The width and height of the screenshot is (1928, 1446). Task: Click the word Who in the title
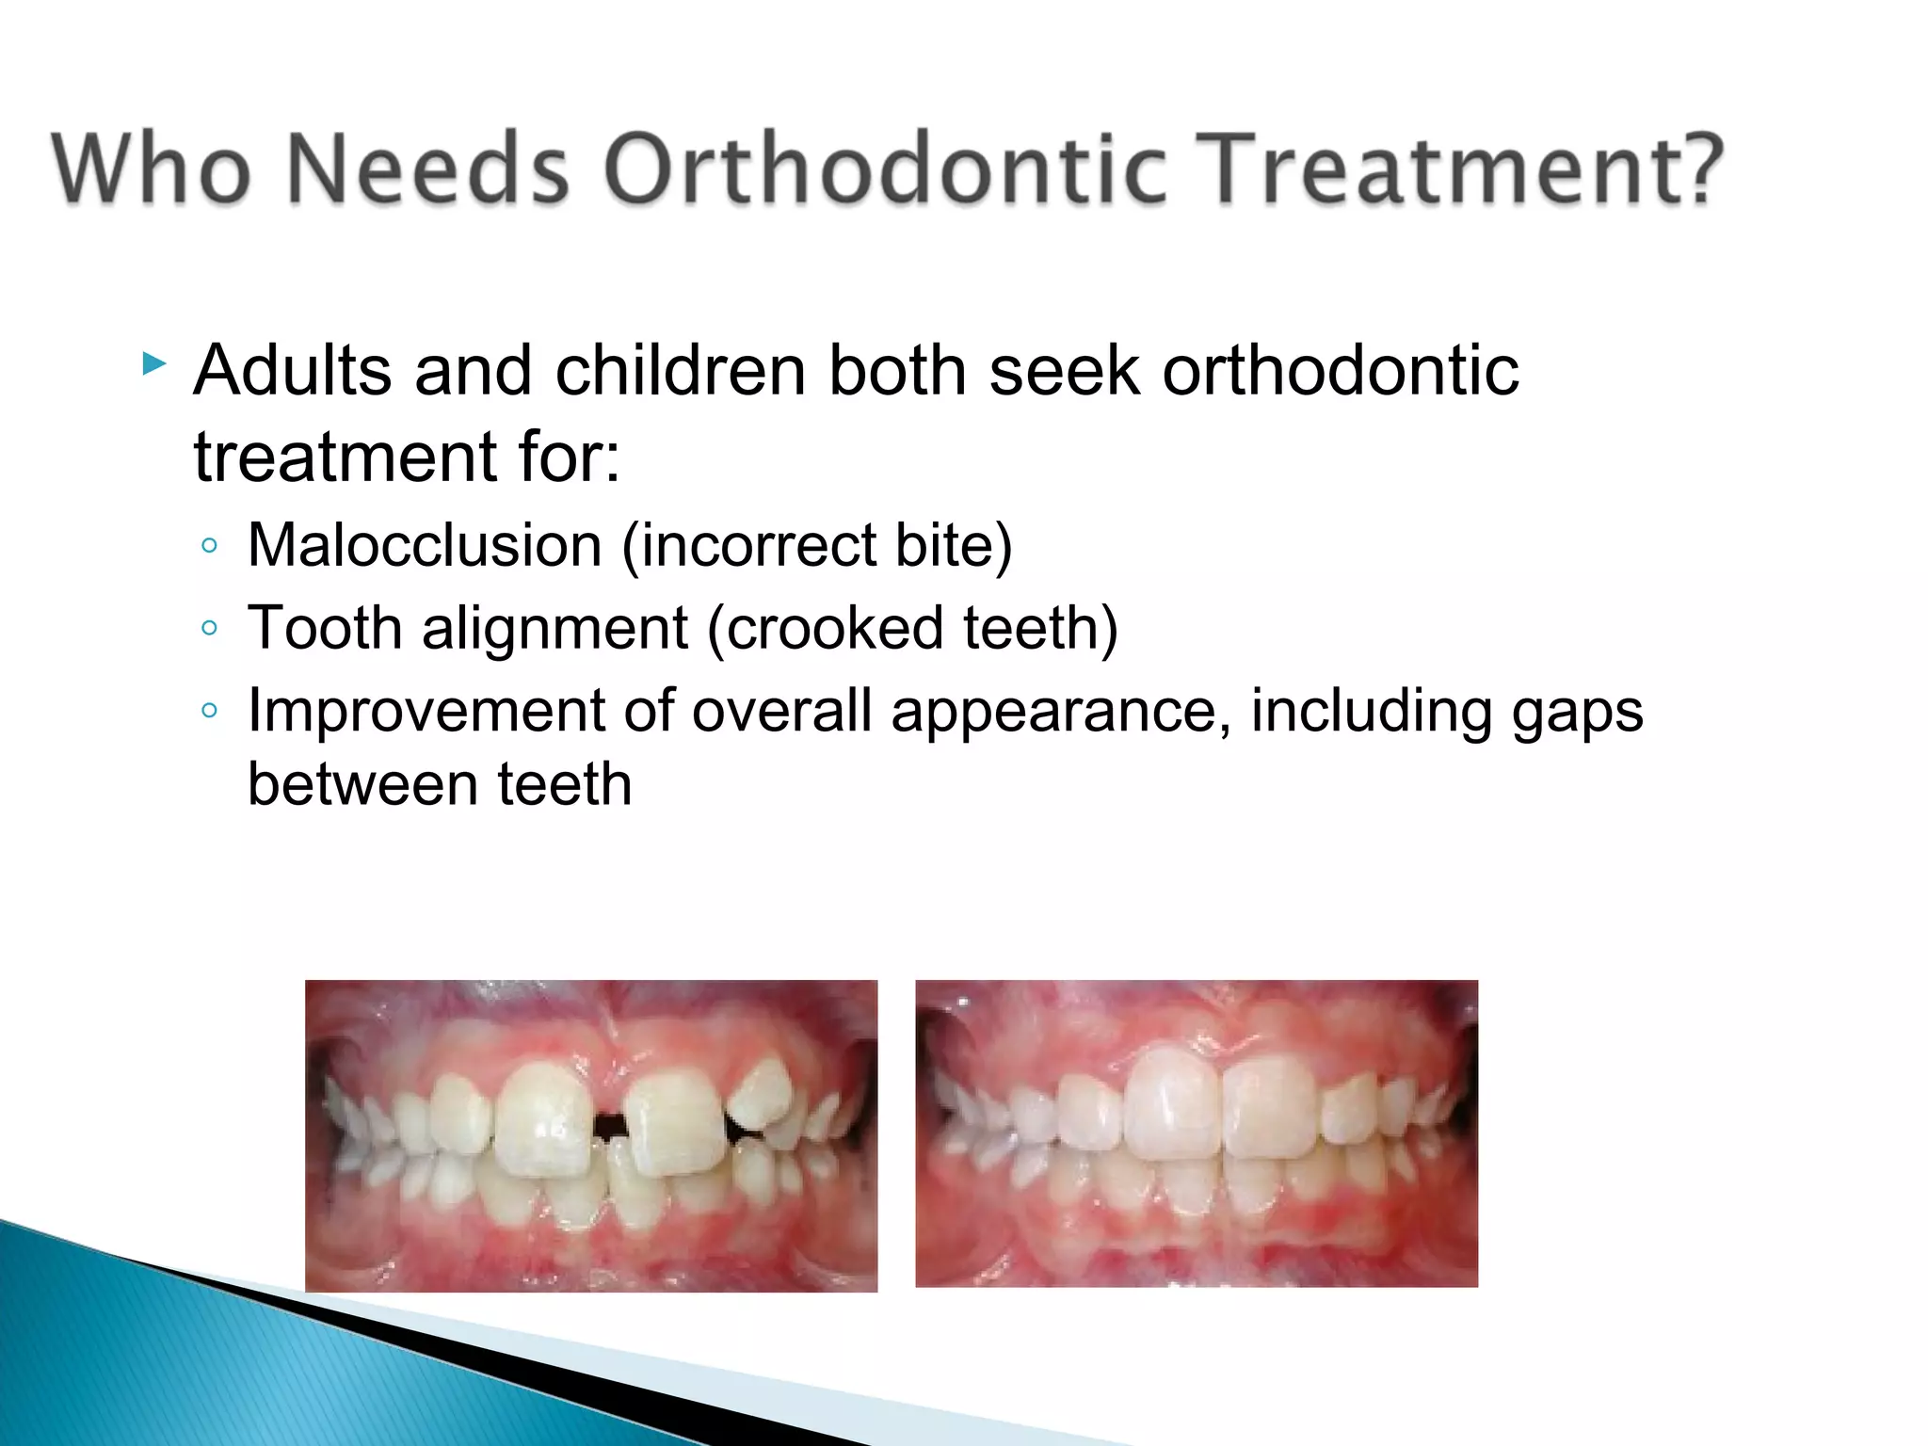coord(152,169)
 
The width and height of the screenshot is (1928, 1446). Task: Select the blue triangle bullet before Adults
coord(154,363)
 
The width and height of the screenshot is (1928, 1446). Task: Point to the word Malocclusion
coord(425,546)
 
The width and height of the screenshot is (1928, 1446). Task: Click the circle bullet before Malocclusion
coord(210,546)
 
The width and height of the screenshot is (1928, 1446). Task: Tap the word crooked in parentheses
coord(833,628)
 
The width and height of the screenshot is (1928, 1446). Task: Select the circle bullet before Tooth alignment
coord(210,628)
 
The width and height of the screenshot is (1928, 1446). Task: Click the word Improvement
coord(425,710)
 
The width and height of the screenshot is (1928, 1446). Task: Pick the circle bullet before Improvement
coord(210,710)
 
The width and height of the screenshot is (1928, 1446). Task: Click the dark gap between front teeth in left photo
coord(610,1125)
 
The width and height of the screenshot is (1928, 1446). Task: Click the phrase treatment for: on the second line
coord(407,458)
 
